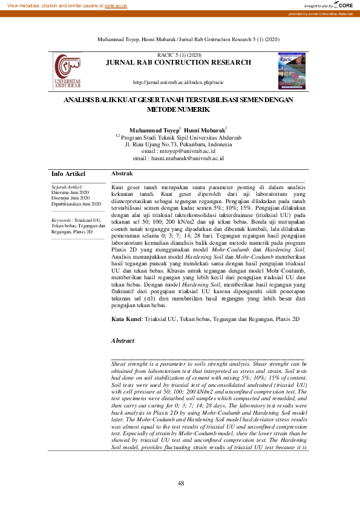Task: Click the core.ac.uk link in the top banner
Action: tap(116, 5)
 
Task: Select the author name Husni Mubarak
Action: tap(205, 131)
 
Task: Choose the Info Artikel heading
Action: tap(68, 174)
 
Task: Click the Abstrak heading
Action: tap(122, 174)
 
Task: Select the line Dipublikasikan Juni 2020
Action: tap(76, 204)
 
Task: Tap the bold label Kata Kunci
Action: tap(126, 319)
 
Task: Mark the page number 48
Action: tap(180, 482)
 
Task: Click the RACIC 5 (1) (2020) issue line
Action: tap(179, 55)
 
